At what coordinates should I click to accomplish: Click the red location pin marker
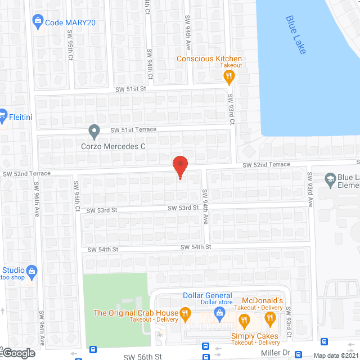coord(179,167)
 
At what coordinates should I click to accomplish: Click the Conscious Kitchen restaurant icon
coord(228,78)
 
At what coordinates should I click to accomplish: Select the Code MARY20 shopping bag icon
coord(38,22)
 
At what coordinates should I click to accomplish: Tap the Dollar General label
coord(208,296)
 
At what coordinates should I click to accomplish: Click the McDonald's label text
coord(262,301)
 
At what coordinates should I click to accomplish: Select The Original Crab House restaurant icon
coord(184,313)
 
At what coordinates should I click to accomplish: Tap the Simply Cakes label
coord(255,335)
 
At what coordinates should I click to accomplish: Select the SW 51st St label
coord(130,89)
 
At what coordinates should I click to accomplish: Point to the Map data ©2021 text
coord(336,355)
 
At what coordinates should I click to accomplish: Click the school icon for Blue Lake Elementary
coord(330,180)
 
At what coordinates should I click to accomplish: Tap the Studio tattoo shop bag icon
coord(32,271)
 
